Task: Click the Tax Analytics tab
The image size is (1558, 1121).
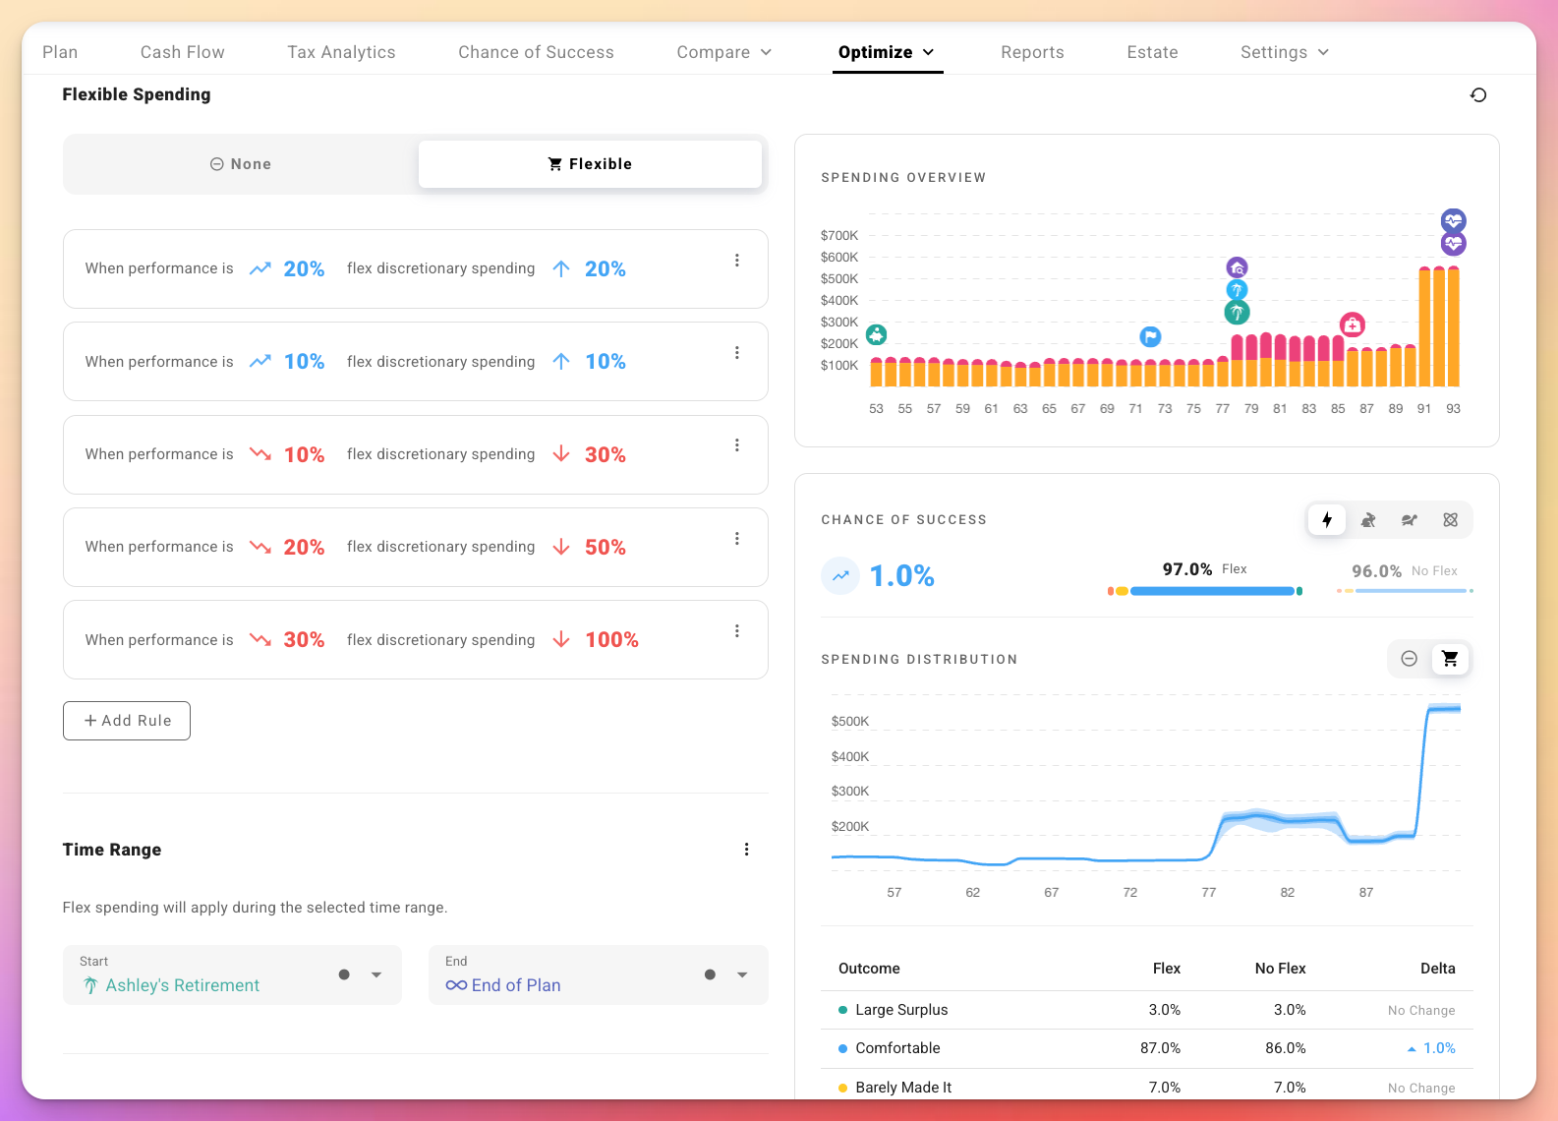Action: click(341, 52)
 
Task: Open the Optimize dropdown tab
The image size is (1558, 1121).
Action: click(886, 52)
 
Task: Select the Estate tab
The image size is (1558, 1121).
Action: click(1152, 52)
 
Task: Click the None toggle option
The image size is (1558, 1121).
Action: click(241, 164)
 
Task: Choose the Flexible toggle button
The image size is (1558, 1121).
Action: click(590, 164)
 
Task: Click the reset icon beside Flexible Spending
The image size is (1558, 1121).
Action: click(1477, 95)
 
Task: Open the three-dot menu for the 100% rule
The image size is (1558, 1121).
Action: click(737, 631)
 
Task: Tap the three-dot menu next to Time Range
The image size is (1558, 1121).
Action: click(747, 850)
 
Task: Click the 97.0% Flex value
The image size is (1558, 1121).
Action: click(1187, 569)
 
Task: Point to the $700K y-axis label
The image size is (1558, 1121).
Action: click(839, 236)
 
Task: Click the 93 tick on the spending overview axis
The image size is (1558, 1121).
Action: click(1453, 409)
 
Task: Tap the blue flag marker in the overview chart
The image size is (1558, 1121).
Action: click(1150, 337)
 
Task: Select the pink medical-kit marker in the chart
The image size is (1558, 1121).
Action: click(1353, 324)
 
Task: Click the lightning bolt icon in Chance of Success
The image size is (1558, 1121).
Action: click(1327, 520)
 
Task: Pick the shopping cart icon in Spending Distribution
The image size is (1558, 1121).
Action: click(1450, 659)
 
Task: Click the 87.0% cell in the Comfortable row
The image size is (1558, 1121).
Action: click(1160, 1048)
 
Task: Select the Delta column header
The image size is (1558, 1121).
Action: click(1437, 969)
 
